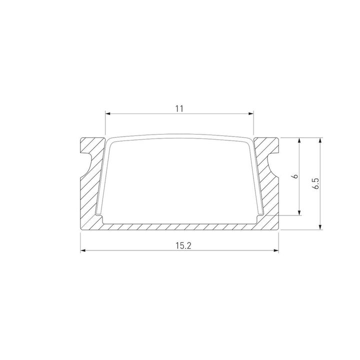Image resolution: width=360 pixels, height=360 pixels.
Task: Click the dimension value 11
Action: (180, 108)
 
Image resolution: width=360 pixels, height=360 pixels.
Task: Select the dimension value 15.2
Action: (180, 245)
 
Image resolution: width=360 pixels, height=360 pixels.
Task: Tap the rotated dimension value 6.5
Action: (315, 183)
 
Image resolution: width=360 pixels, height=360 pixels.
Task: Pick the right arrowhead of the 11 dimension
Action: (251, 114)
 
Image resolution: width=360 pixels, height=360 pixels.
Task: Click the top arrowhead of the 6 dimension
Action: (299, 140)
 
